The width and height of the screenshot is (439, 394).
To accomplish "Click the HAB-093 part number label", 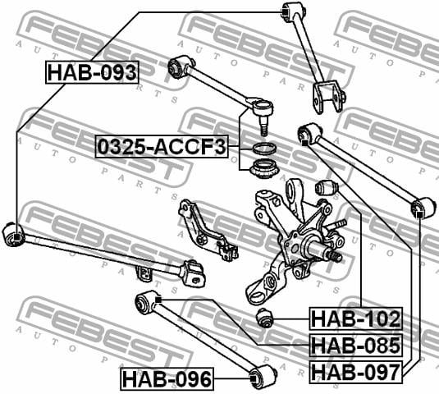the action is (x=92, y=72).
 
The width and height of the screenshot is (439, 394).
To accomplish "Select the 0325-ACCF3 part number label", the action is (x=162, y=147).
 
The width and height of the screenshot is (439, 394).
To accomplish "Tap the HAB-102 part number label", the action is (x=356, y=318).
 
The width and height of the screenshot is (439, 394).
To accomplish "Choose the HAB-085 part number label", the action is (x=356, y=345).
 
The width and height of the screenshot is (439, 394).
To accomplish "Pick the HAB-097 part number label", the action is (x=355, y=372).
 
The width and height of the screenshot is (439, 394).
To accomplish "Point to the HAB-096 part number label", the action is (x=167, y=379).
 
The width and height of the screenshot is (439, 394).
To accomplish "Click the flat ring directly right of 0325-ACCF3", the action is (x=264, y=148).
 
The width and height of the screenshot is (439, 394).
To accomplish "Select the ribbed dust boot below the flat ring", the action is (x=263, y=168).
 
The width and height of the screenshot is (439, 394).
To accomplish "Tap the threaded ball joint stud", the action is (x=263, y=125).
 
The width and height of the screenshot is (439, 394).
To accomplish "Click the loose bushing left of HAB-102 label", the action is (x=264, y=318).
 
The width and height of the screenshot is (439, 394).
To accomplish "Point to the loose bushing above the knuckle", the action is (x=327, y=188).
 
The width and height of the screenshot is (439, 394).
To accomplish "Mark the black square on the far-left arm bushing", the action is (x=16, y=237).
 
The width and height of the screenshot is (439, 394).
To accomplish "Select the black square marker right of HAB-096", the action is (x=253, y=378).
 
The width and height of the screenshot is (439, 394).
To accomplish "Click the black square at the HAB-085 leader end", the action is (x=158, y=300).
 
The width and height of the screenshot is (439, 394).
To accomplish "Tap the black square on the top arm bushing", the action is (x=284, y=11).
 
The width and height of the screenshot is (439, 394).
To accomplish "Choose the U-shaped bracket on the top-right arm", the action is (x=328, y=97).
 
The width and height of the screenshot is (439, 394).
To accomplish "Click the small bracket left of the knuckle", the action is (x=208, y=231).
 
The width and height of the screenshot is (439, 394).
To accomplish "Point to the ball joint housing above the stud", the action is (x=262, y=107).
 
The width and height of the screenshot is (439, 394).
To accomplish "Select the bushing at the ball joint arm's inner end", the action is (x=178, y=66).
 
